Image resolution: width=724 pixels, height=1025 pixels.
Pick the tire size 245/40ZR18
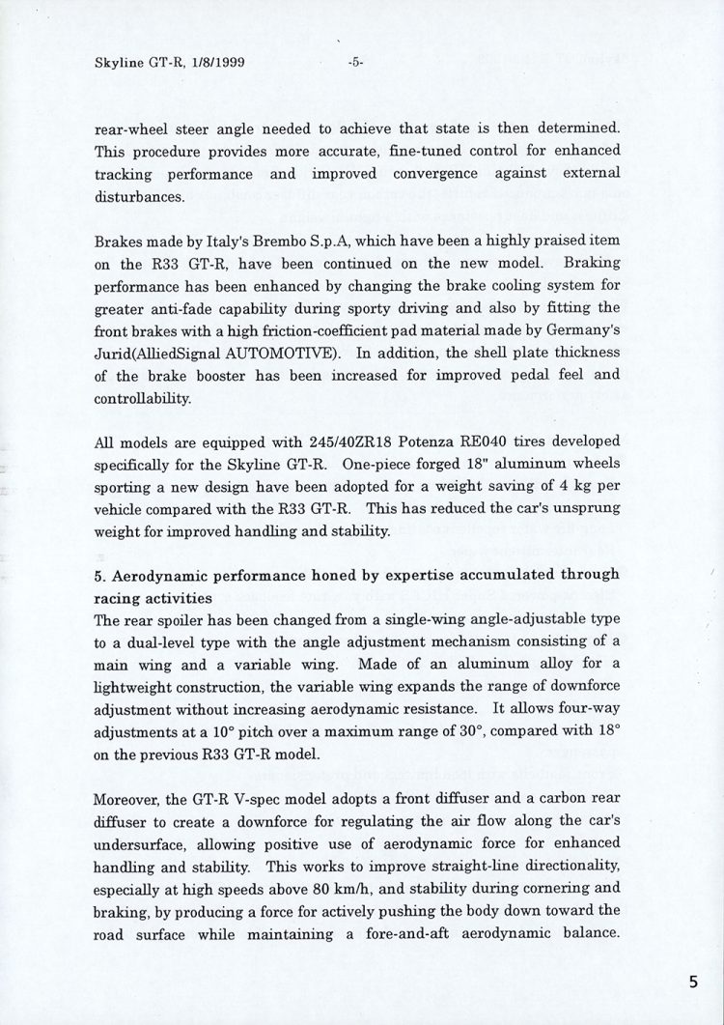(277, 443)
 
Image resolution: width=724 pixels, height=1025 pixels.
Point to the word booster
(225, 375)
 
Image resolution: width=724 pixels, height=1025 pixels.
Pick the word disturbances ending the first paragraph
(136, 195)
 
